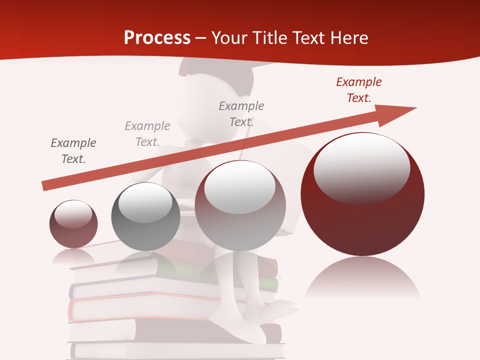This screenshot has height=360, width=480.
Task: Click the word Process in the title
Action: pyautogui.click(x=157, y=37)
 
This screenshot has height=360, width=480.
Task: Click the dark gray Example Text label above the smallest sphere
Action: pyautogui.click(x=73, y=150)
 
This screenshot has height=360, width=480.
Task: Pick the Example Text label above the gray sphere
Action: pyautogui.click(x=147, y=134)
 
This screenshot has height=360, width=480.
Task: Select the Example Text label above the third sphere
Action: pyautogui.click(x=241, y=113)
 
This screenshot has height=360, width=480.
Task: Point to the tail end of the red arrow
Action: pyautogui.click(x=46, y=185)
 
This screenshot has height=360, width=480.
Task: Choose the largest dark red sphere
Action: pyautogui.click(x=362, y=220)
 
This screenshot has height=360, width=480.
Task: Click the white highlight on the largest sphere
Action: pyautogui.click(x=361, y=167)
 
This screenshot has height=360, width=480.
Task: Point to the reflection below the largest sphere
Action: pyautogui.click(x=362, y=280)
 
